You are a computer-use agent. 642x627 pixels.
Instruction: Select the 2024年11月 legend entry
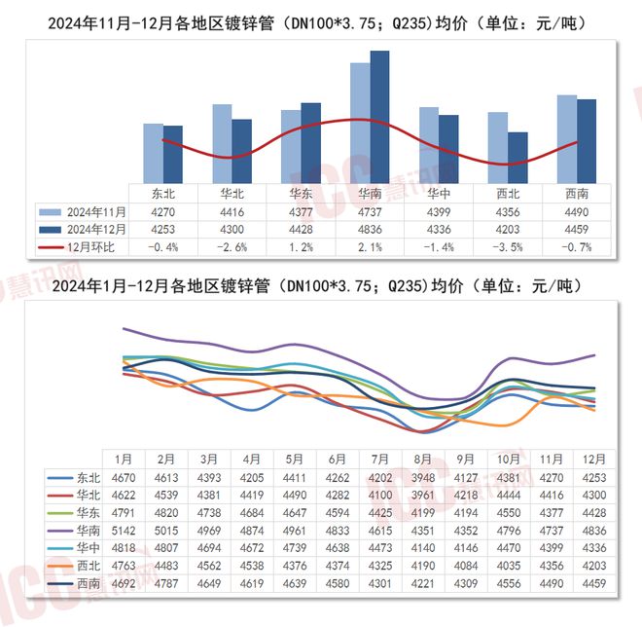[83, 211]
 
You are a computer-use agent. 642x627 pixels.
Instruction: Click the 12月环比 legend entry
[83, 246]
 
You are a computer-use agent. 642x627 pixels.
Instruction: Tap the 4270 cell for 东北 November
[163, 211]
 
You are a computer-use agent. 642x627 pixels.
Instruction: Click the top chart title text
[321, 20]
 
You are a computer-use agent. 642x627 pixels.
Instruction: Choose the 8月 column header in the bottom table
[422, 459]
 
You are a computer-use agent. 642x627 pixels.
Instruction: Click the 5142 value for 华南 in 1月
[124, 530]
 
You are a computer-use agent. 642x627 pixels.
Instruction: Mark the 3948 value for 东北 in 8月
[422, 477]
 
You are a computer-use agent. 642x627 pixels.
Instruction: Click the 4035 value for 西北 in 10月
[508, 566]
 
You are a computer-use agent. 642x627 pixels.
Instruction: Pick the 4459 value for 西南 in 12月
[593, 584]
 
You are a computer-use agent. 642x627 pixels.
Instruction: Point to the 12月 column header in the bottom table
[593, 459]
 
